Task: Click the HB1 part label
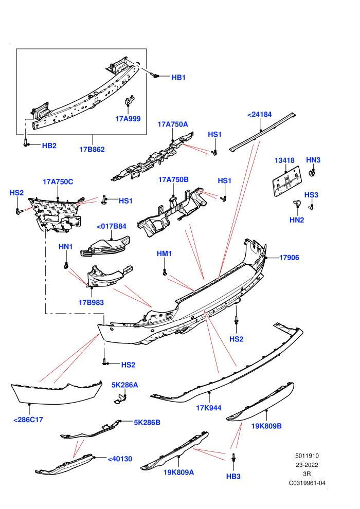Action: point(178,77)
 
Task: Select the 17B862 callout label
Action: point(92,149)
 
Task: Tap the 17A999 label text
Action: point(128,118)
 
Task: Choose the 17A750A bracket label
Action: point(173,124)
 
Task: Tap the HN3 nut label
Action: point(313,160)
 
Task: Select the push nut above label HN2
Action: point(297,204)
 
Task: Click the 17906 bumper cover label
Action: point(289,258)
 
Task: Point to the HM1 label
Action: point(164,253)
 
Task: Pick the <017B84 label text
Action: point(112,226)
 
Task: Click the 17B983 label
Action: point(91,302)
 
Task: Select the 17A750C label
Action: point(58,181)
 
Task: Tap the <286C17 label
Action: point(28,420)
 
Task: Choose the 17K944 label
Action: point(209,408)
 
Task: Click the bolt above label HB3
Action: point(233,458)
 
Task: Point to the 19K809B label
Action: point(266,426)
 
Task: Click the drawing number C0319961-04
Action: point(307,483)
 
